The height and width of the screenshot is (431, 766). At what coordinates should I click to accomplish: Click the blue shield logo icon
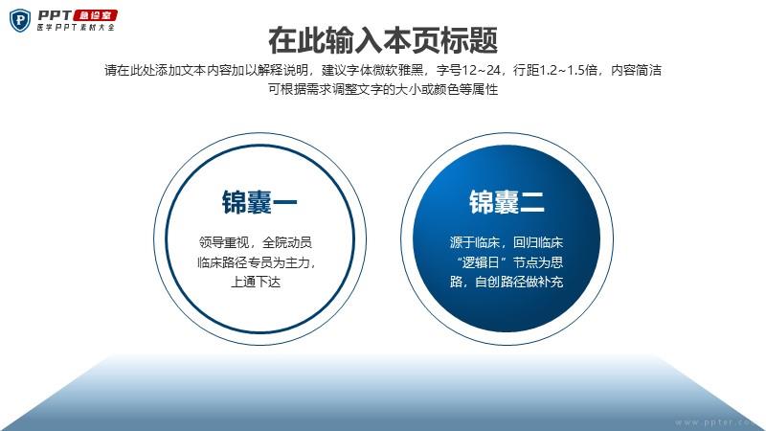[20, 20]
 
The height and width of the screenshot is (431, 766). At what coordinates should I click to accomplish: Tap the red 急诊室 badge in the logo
[95, 15]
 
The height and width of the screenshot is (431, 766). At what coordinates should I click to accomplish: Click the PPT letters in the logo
[55, 15]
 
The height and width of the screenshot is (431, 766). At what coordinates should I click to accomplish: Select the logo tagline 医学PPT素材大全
[76, 28]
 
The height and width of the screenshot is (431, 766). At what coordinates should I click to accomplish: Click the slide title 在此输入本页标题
[383, 40]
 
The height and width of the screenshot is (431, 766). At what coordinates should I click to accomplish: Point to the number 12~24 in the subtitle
[481, 70]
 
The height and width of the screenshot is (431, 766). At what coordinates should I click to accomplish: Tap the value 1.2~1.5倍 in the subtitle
[568, 70]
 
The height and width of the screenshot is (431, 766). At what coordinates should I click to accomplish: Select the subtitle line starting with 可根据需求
[383, 89]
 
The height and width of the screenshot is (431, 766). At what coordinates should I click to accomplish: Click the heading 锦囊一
[259, 202]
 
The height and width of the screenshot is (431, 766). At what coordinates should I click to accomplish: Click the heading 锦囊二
[507, 202]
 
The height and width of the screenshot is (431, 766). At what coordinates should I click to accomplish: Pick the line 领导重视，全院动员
[255, 242]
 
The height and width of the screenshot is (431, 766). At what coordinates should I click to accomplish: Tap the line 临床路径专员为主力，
[257, 262]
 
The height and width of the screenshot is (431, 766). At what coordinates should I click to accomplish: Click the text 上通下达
[256, 282]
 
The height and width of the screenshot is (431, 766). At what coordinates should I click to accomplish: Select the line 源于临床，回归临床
[507, 242]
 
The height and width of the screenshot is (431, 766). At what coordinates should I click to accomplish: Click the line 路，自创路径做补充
[507, 282]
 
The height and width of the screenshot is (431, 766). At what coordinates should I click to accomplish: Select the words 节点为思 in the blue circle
[538, 262]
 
